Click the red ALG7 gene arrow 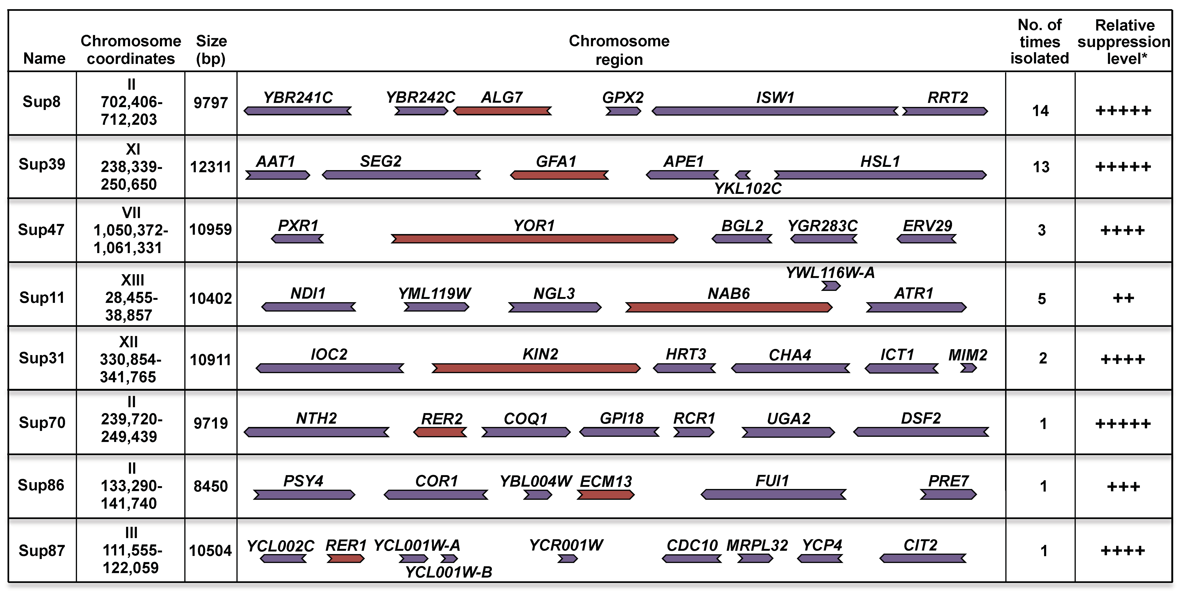(502, 111)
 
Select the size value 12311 (211, 167)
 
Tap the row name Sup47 (41, 230)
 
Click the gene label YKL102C (748, 188)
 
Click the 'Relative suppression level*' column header (1124, 42)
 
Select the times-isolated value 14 (1040, 111)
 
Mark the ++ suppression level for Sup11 (1123, 298)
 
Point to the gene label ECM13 (605, 481)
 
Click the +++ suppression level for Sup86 (1123, 486)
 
